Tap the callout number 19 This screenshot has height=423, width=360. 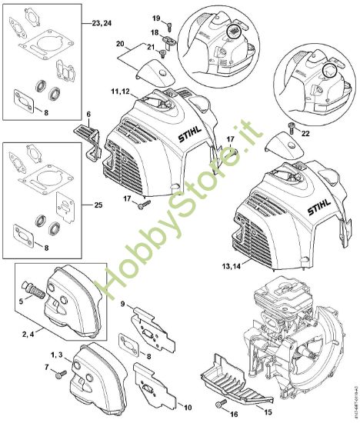click(155, 17)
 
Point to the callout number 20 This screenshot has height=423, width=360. click(120, 43)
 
